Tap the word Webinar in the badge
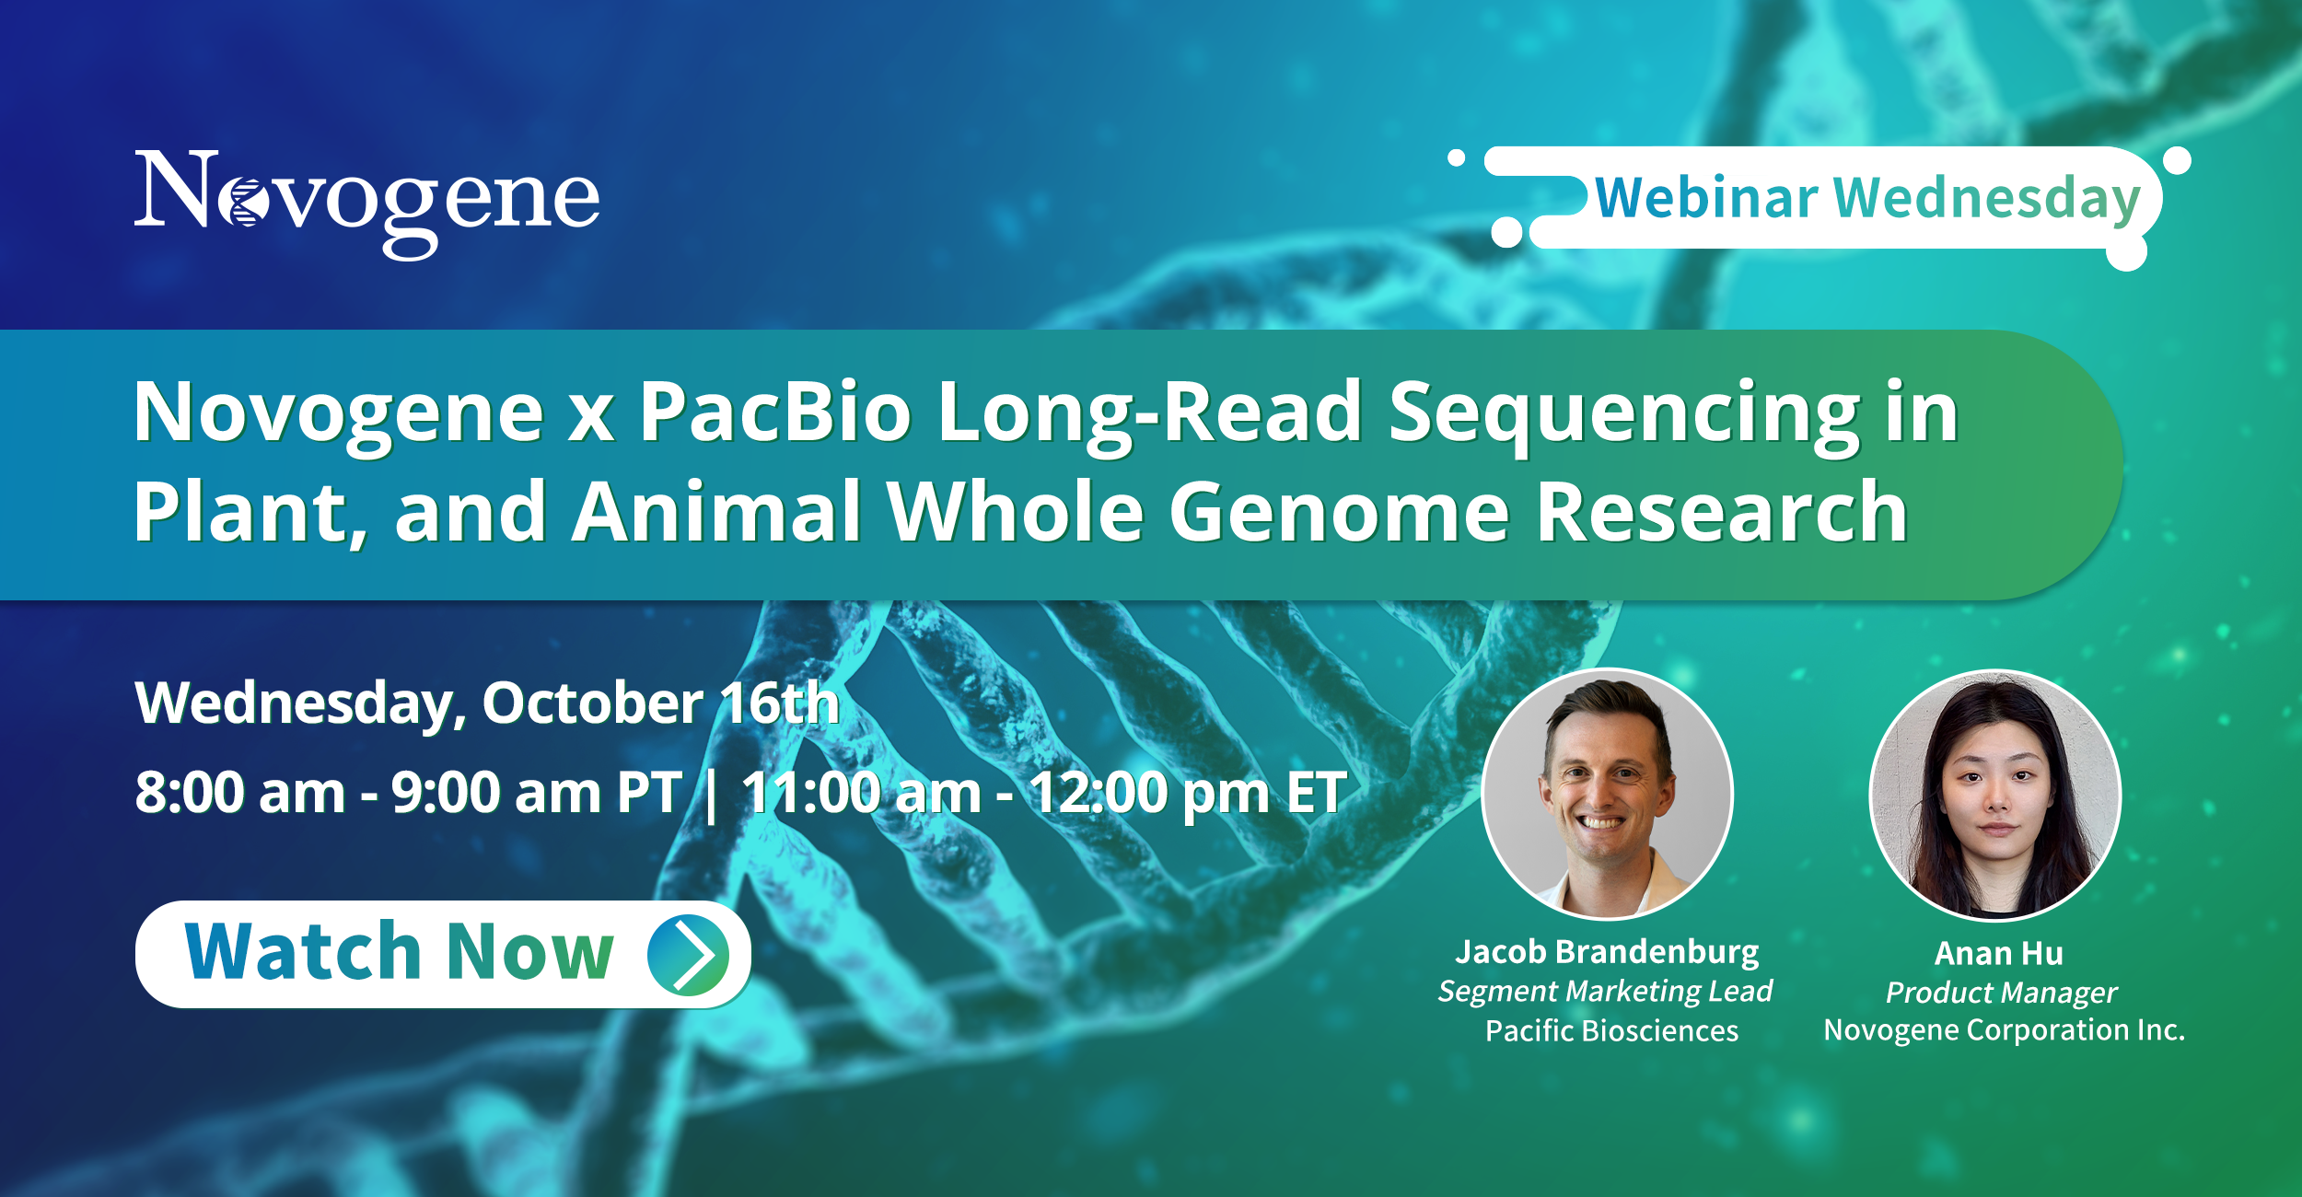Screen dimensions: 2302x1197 (1706, 197)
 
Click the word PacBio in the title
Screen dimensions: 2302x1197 (775, 412)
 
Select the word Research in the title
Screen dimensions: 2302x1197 (1722, 512)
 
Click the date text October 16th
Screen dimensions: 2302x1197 (661, 703)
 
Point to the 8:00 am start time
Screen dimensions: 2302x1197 (240, 792)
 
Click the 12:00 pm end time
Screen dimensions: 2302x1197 (1149, 793)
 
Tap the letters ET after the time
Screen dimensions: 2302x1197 (1317, 792)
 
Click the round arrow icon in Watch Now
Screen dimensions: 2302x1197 (688, 955)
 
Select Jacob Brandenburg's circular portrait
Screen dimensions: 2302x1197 (1608, 794)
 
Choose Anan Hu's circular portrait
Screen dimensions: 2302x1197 (1995, 795)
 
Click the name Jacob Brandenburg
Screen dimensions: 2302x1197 (1607, 951)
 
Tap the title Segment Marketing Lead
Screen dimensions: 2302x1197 (1605, 991)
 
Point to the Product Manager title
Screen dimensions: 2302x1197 (2002, 993)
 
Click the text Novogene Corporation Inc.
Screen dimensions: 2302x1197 (2005, 1029)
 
